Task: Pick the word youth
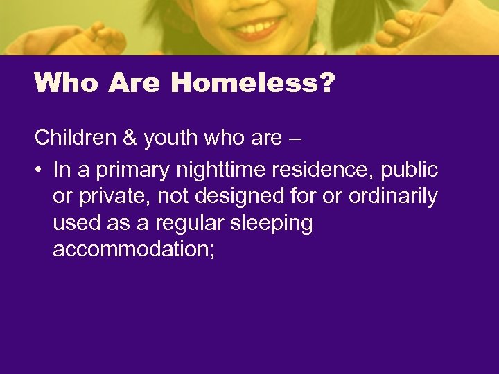click(x=171, y=138)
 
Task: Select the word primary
click(x=132, y=170)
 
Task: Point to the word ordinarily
click(x=393, y=197)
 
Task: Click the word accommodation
click(x=129, y=249)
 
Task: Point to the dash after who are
click(x=294, y=138)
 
